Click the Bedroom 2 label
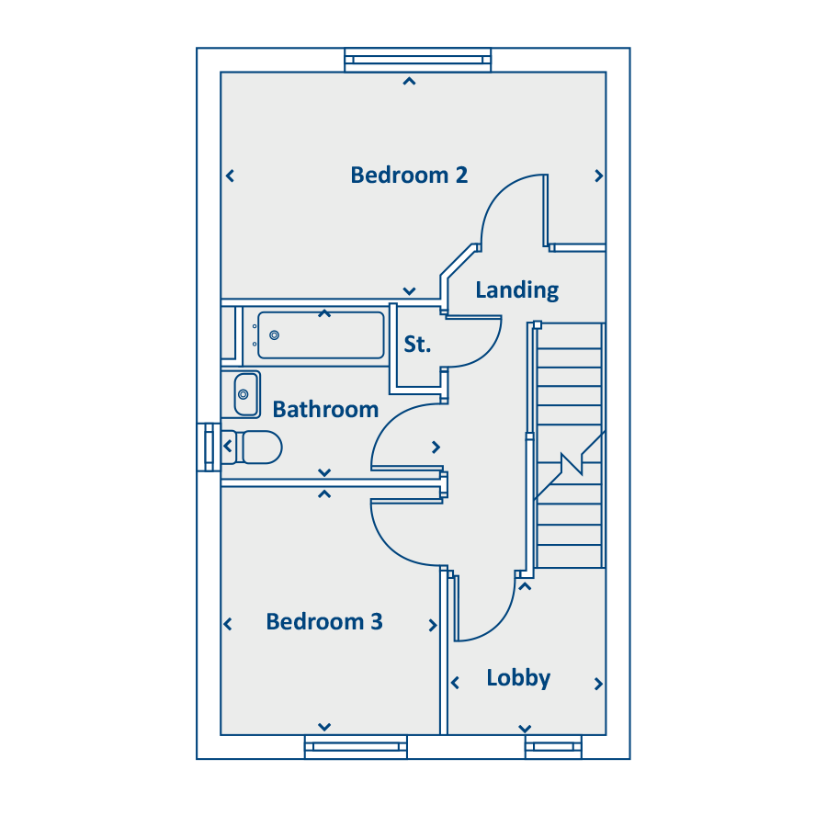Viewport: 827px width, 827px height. click(409, 176)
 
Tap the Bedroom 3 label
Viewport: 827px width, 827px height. click(323, 621)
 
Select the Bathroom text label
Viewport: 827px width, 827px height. click(325, 409)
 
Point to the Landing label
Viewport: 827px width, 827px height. click(516, 290)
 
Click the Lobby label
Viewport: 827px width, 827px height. click(518, 678)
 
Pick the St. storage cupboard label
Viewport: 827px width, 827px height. click(417, 344)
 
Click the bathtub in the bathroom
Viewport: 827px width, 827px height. click(321, 334)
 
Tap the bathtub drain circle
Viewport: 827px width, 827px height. click(274, 334)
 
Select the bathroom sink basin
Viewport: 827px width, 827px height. click(245, 394)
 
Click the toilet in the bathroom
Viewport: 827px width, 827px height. click(252, 447)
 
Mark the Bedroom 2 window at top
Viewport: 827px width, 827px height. click(418, 60)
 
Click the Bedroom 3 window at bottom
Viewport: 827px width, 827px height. click(356, 747)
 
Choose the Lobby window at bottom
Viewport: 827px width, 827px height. click(553, 747)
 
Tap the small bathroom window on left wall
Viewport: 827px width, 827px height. click(209, 447)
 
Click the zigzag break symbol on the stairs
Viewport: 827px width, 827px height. click(572, 464)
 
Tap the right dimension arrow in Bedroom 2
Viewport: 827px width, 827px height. click(598, 176)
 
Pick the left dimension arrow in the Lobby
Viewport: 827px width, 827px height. click(455, 683)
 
